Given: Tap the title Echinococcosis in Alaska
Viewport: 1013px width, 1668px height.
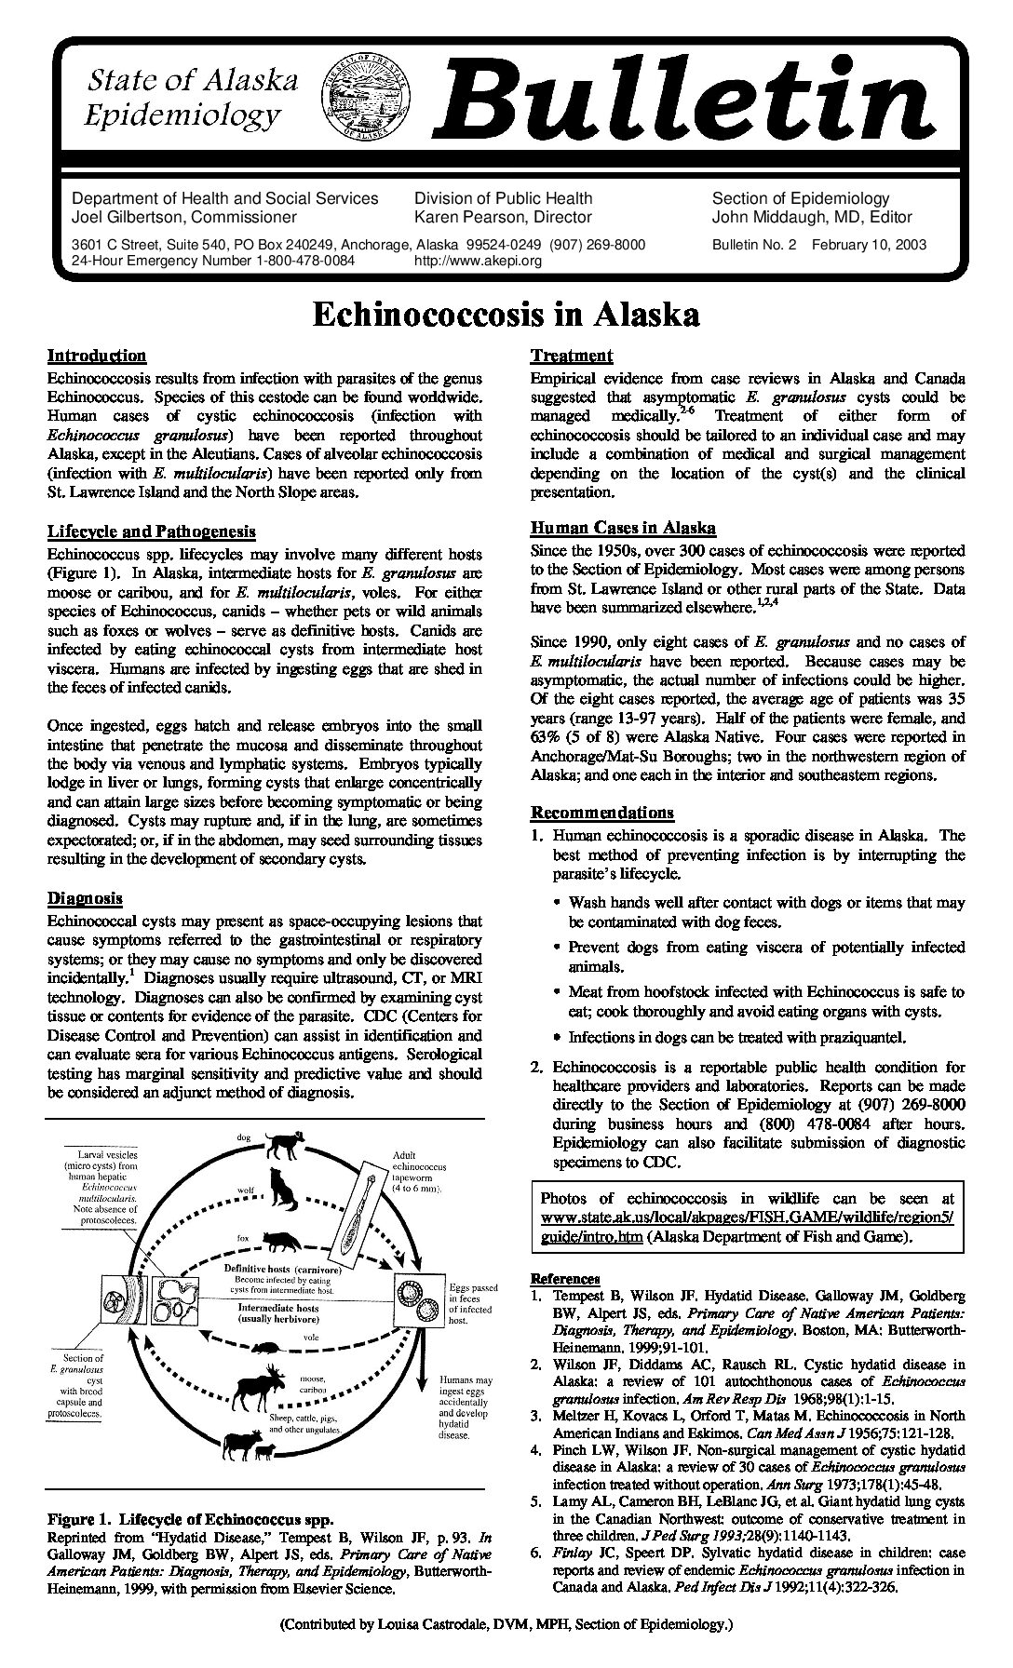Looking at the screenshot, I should (x=506, y=315).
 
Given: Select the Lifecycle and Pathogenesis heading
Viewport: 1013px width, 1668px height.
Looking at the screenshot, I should (x=151, y=531).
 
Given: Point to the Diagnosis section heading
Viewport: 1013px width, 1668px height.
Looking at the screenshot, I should (x=85, y=898).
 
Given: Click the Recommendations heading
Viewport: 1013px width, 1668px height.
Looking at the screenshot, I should (x=601, y=813).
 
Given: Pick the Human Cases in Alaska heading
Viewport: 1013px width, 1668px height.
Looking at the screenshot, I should (x=623, y=528).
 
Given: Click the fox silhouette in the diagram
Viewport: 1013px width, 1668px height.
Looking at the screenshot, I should (x=279, y=1241).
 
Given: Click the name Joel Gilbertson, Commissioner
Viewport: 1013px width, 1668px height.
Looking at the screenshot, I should (x=184, y=217).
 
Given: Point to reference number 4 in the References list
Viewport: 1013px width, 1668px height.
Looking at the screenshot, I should (x=536, y=1450).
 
